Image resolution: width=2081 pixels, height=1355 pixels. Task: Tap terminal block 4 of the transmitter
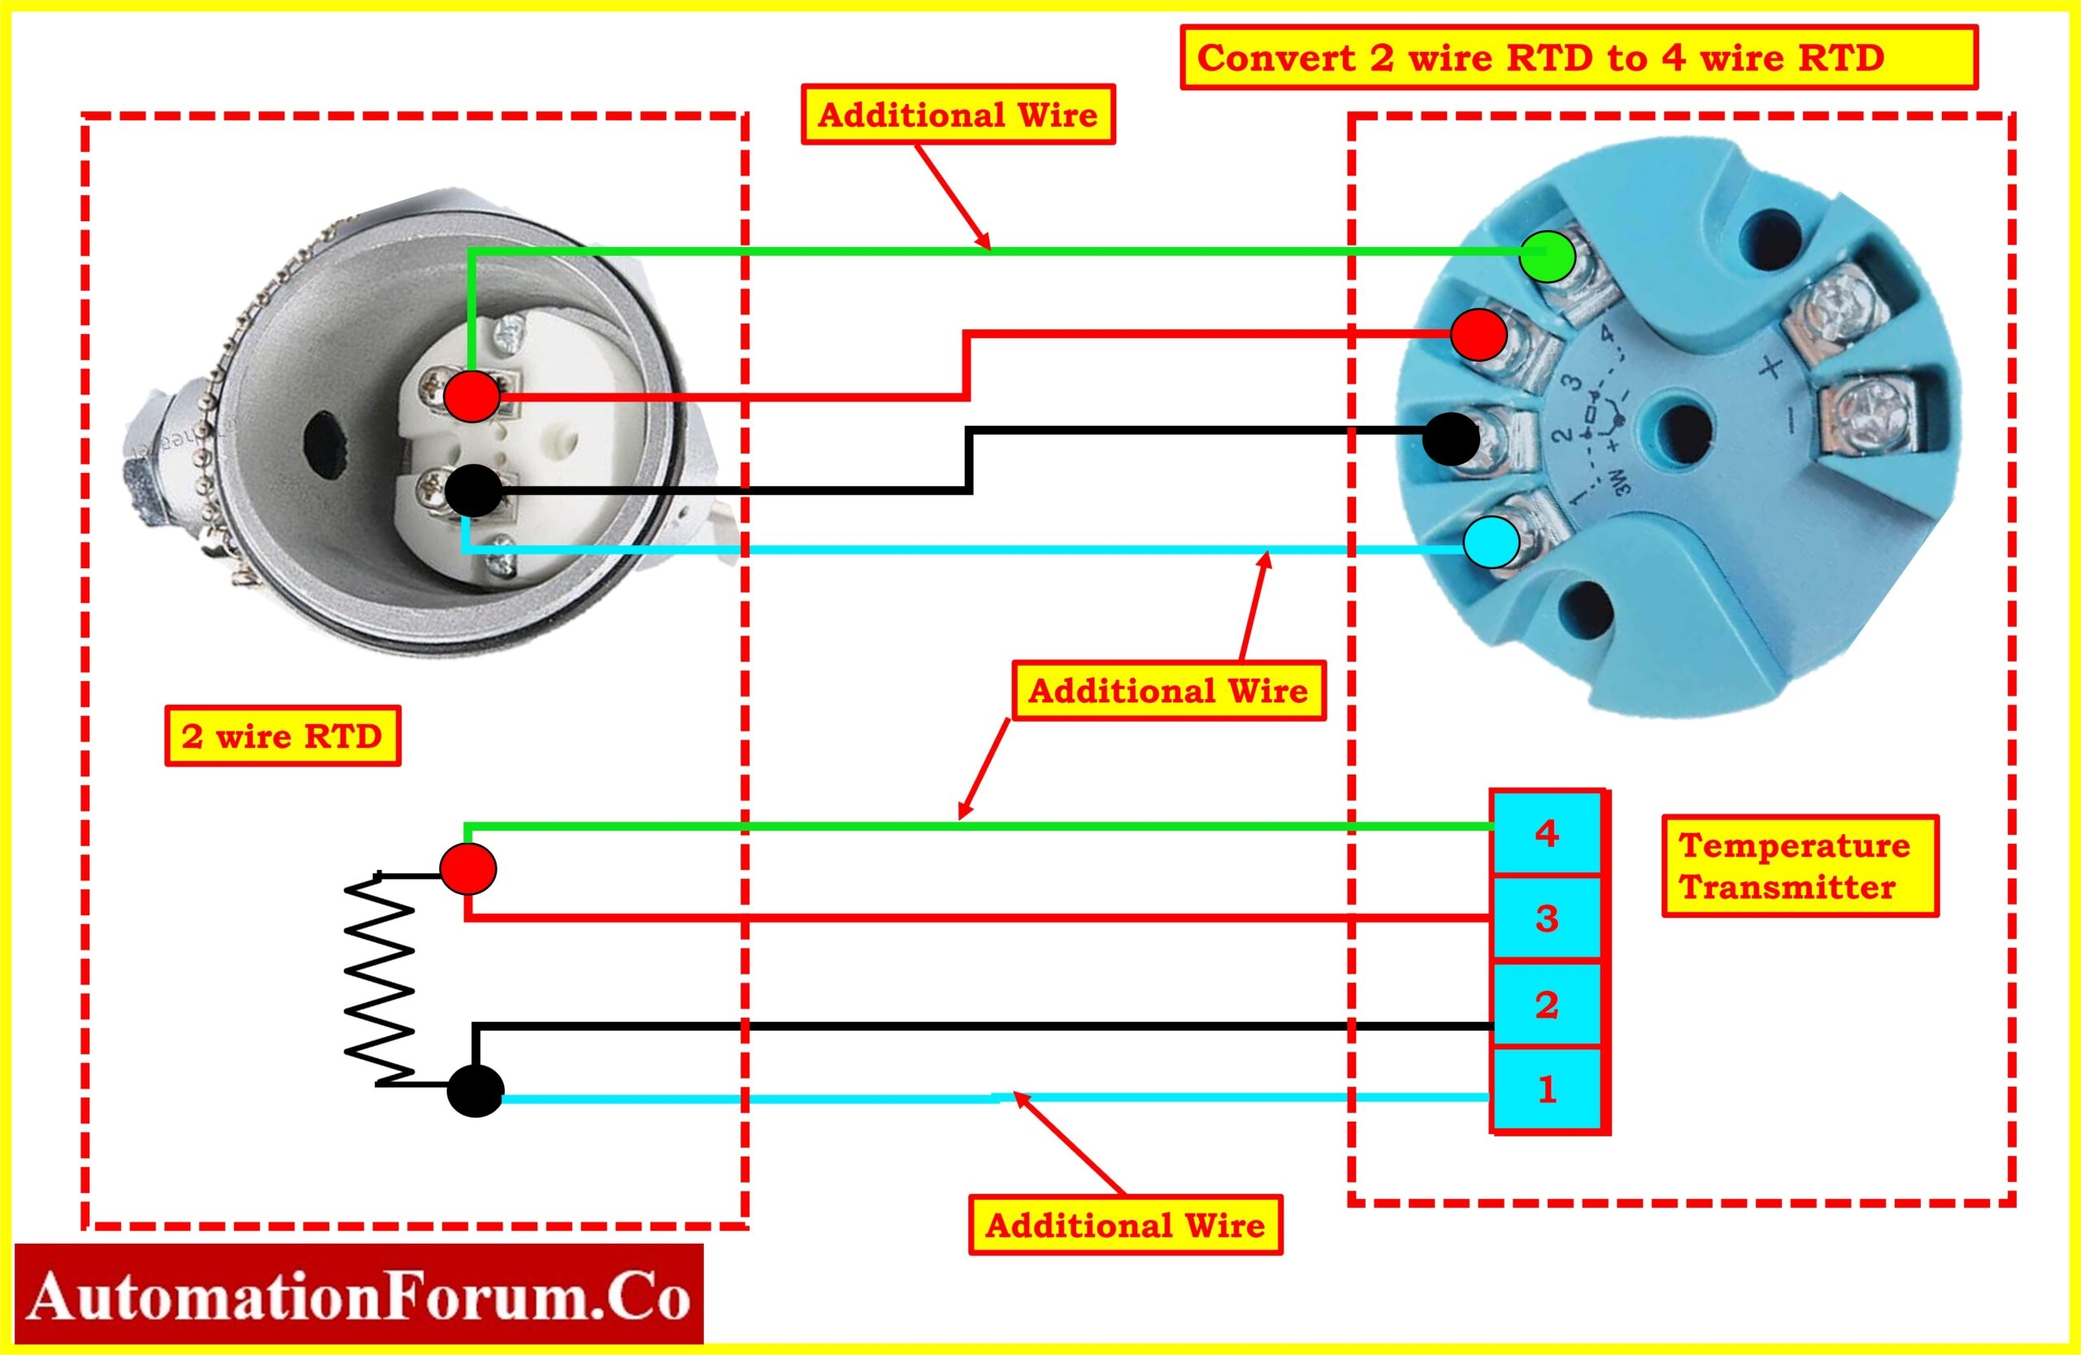point(1547,833)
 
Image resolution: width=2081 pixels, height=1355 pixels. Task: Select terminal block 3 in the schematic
point(1547,918)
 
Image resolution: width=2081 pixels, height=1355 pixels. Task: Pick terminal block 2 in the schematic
point(1547,1004)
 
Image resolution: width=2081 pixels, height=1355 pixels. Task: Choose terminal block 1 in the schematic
point(1547,1089)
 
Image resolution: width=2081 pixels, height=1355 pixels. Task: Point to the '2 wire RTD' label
point(281,736)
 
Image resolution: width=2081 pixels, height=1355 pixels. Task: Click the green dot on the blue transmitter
point(1547,256)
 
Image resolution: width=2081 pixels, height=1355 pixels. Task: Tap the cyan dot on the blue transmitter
point(1492,542)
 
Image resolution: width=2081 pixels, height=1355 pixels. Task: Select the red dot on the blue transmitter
point(1479,334)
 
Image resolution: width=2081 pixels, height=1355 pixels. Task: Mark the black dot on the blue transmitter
point(1450,439)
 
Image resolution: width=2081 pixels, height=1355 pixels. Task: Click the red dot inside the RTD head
point(471,396)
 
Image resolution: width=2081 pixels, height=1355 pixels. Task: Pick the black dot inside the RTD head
point(473,490)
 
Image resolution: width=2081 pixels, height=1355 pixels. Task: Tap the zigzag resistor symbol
point(380,979)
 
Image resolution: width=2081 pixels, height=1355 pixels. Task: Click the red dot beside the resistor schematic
point(467,868)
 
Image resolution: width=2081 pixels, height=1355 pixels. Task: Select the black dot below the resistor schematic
point(475,1091)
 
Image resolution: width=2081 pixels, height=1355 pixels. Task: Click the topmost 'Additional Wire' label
point(958,115)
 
